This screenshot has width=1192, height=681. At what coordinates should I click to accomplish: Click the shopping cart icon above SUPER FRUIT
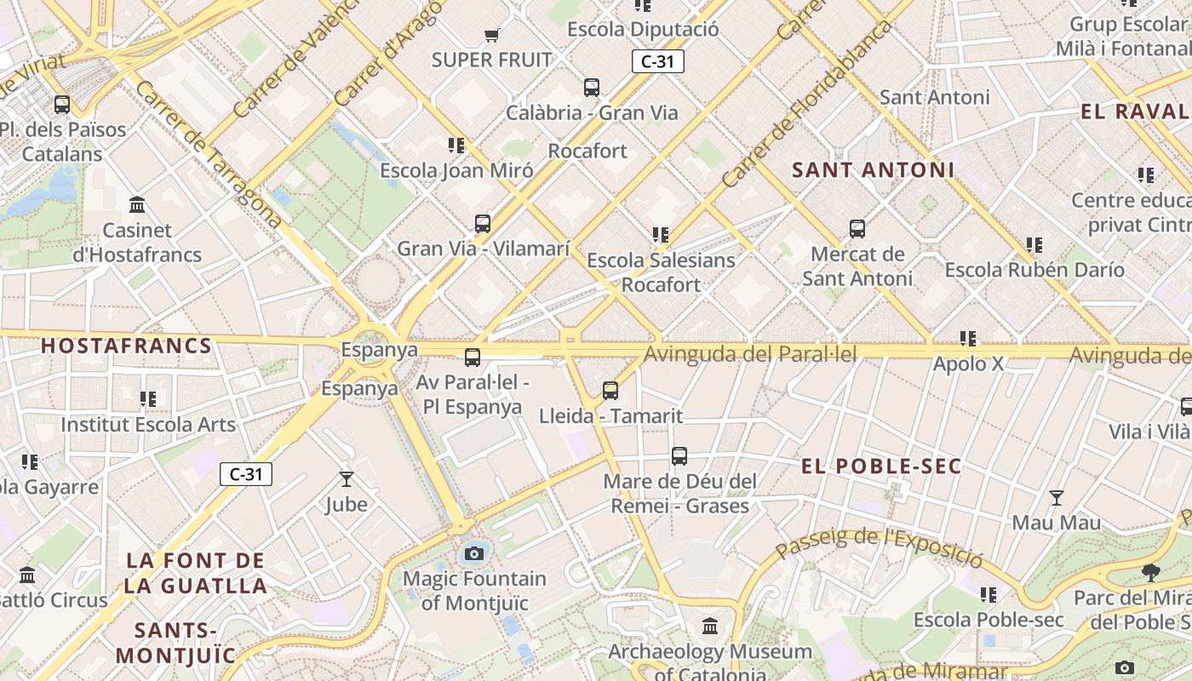[491, 36]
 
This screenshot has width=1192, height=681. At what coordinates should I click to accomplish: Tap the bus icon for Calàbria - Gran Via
[591, 88]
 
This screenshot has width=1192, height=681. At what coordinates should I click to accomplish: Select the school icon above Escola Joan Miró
[456, 146]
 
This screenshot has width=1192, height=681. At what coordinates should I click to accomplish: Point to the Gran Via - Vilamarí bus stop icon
[483, 224]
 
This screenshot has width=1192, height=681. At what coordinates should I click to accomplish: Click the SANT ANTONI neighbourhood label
[873, 170]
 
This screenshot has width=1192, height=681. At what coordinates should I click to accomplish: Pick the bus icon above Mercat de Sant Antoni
[857, 229]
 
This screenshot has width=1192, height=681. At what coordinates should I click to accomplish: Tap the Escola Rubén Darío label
[1034, 270]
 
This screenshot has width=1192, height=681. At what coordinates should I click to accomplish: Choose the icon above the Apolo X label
[967, 339]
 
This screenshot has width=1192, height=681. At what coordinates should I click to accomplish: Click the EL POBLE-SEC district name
[881, 466]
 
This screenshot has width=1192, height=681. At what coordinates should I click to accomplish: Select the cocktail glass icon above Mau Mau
[1056, 498]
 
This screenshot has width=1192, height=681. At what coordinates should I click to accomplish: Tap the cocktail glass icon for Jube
[346, 479]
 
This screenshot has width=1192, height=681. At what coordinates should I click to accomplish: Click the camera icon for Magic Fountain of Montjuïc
[474, 554]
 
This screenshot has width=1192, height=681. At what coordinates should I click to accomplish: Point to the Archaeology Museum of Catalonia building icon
[710, 627]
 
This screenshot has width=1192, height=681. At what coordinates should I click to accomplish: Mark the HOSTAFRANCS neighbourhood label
[126, 346]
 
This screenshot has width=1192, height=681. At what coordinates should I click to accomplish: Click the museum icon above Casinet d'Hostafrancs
[137, 205]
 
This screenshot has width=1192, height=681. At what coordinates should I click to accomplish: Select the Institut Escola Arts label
[148, 424]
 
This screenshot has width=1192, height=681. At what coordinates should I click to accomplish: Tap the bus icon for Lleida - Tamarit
[610, 391]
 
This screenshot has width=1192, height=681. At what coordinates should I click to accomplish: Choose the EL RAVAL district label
[1134, 112]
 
